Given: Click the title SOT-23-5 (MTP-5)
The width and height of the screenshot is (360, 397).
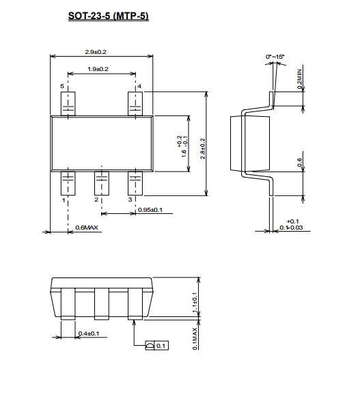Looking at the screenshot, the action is [x=109, y=16].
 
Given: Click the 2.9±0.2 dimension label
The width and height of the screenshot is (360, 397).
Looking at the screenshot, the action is [x=96, y=52].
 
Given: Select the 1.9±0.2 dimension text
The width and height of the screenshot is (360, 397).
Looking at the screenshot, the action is [x=98, y=69].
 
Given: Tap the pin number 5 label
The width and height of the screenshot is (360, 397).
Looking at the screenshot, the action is [x=62, y=86].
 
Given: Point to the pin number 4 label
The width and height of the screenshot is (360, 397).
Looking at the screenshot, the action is [x=139, y=86].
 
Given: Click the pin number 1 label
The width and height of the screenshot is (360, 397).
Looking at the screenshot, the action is [x=64, y=200].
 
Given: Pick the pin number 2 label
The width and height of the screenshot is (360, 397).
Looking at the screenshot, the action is [x=96, y=200].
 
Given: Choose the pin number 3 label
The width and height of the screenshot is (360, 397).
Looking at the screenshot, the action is [x=130, y=200].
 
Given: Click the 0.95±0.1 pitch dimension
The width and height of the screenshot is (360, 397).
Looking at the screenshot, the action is [x=150, y=210].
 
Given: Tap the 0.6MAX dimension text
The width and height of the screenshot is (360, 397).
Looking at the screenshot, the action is [x=87, y=228].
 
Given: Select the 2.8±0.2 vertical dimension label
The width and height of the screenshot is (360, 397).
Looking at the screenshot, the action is [x=203, y=149].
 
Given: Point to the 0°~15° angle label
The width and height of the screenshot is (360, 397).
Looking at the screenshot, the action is [x=275, y=57].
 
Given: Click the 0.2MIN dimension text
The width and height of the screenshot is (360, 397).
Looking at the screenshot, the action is [x=300, y=79].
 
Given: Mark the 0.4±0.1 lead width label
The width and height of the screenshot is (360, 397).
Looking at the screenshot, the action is [x=89, y=333].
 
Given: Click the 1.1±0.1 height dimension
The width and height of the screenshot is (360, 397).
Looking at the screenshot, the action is [x=195, y=302].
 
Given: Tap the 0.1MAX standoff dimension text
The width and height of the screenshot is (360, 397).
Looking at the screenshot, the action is [x=195, y=338].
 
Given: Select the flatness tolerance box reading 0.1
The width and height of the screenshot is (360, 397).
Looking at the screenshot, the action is [x=156, y=346].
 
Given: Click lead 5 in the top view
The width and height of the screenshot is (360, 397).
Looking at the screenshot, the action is [x=68, y=104].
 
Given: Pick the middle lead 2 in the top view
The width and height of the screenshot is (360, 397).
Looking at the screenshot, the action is [x=102, y=184].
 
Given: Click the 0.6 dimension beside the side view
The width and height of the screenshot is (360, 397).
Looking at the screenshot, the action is [x=299, y=163].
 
